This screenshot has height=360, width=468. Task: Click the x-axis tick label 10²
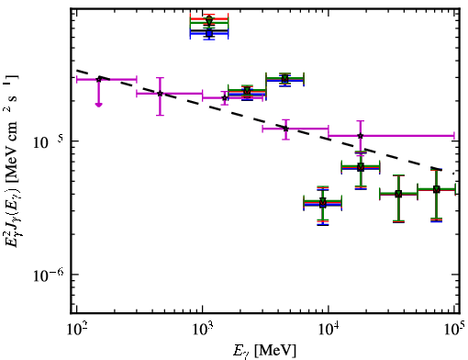pyautogui.click(x=76, y=330)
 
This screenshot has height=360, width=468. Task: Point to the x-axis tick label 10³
pyautogui.click(x=203, y=330)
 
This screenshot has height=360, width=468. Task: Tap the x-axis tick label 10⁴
pyautogui.click(x=329, y=330)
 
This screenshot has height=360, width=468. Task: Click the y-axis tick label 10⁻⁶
pyautogui.click(x=49, y=275)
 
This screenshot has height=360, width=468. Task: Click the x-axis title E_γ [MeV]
pyautogui.click(x=264, y=351)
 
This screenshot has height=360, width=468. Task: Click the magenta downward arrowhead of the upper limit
pyautogui.click(x=98, y=105)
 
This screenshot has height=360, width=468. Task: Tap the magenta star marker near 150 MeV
pyautogui.click(x=98, y=79)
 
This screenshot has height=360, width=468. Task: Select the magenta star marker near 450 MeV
pyautogui.click(x=160, y=94)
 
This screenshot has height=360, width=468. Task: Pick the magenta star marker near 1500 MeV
pyautogui.click(x=225, y=98)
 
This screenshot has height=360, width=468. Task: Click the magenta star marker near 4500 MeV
pyautogui.click(x=285, y=129)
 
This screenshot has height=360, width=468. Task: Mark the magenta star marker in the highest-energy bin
pyautogui.click(x=361, y=135)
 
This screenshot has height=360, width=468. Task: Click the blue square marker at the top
pyautogui.click(x=209, y=33)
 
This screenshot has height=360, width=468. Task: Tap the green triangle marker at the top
pyautogui.click(x=209, y=21)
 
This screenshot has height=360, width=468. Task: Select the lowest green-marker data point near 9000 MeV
pyautogui.click(x=323, y=202)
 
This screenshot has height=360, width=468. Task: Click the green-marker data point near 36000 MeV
pyautogui.click(x=398, y=194)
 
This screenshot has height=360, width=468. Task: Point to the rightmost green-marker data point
pyautogui.click(x=437, y=189)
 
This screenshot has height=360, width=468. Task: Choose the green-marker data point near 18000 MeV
pyautogui.click(x=361, y=167)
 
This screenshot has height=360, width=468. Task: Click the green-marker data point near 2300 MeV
pyautogui.click(x=247, y=91)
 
